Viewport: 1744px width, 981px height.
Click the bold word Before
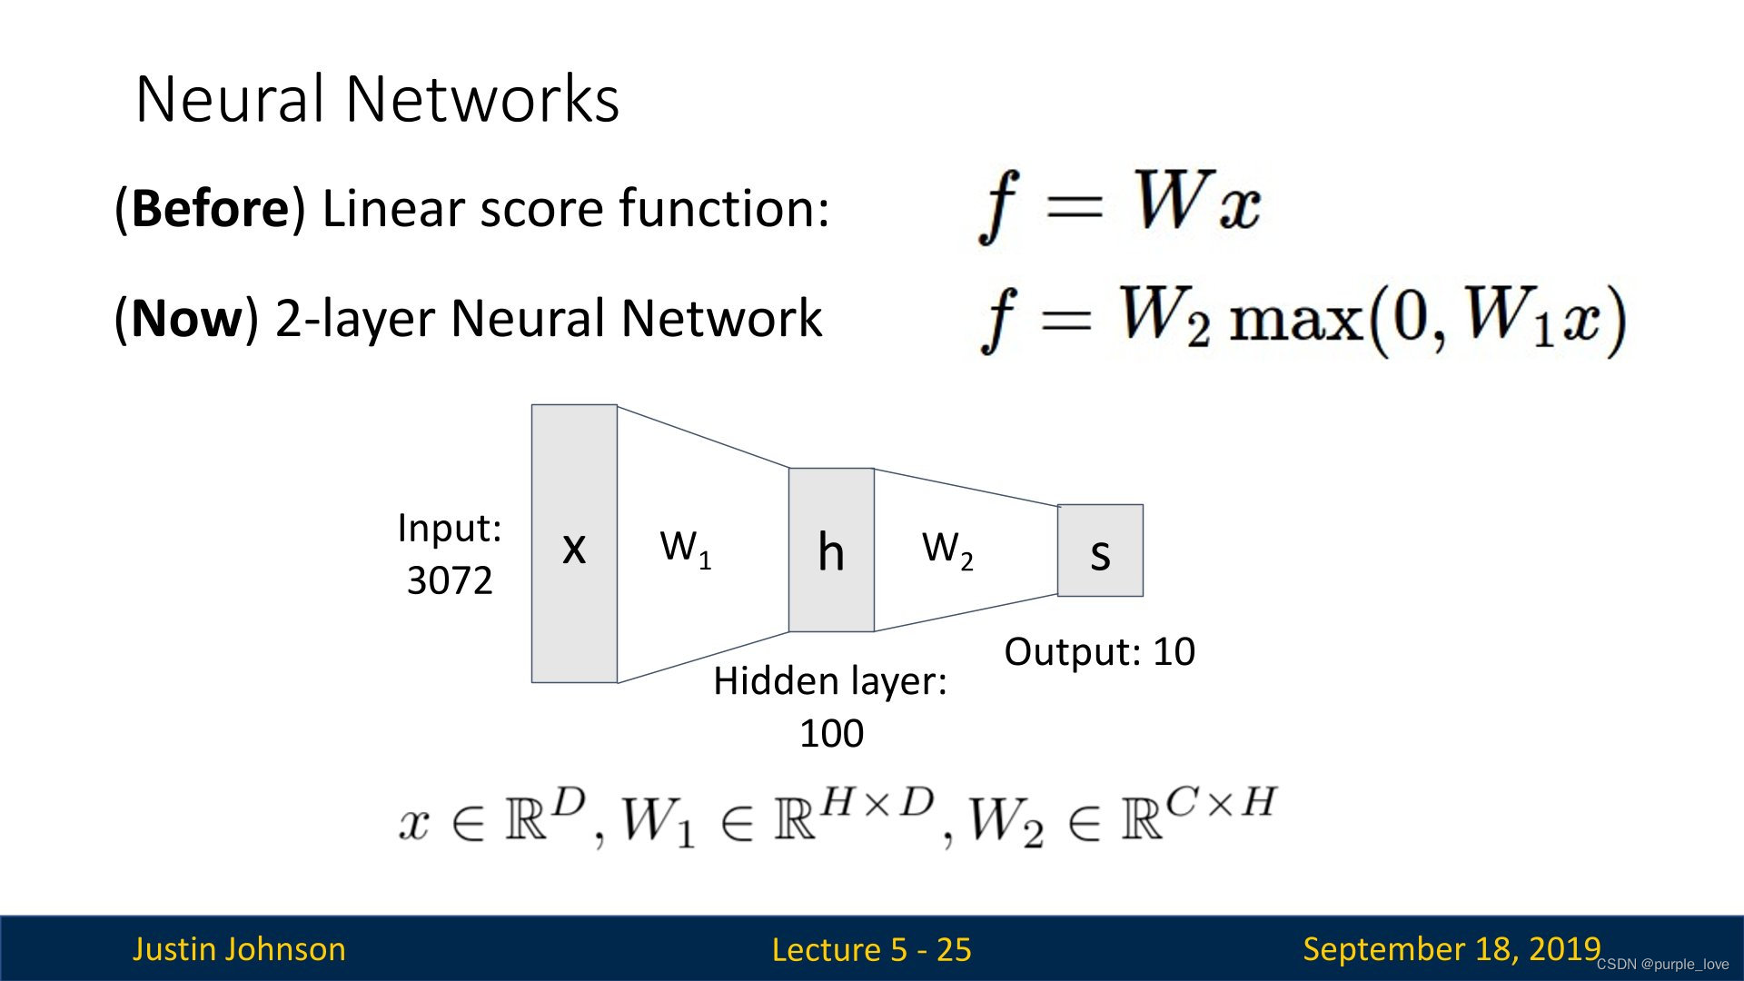click(210, 208)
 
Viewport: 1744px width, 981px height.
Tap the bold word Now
click(188, 319)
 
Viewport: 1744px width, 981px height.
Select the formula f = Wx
click(1119, 204)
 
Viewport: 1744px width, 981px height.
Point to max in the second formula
click(1295, 321)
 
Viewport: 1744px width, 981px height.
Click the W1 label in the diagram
click(685, 548)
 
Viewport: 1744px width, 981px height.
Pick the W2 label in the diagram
click(946, 549)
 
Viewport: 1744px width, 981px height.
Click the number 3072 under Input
click(450, 580)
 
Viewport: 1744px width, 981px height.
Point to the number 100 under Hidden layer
click(831, 733)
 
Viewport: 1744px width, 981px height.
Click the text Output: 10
click(1099, 651)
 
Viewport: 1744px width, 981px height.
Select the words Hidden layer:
click(829, 681)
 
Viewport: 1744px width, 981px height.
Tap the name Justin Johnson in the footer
click(239, 948)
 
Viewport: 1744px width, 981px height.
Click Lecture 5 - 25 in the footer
click(871, 949)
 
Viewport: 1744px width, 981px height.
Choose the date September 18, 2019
click(1451, 948)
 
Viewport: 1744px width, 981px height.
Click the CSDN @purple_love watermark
click(1662, 965)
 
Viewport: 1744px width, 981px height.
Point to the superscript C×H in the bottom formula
click(1222, 802)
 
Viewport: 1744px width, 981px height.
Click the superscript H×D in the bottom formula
click(877, 801)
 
